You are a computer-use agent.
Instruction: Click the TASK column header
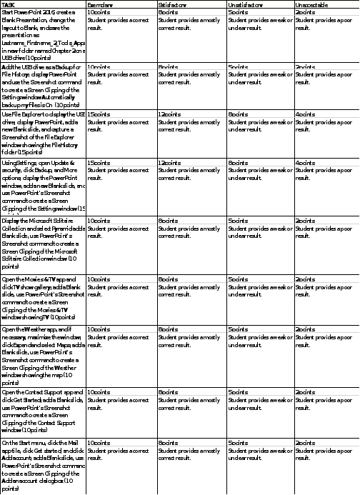pos(8,4)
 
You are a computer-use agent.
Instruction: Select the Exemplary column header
pos(99,4)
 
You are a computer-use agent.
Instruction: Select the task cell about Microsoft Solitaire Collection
pos(43,243)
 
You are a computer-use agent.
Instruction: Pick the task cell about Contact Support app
pos(43,411)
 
